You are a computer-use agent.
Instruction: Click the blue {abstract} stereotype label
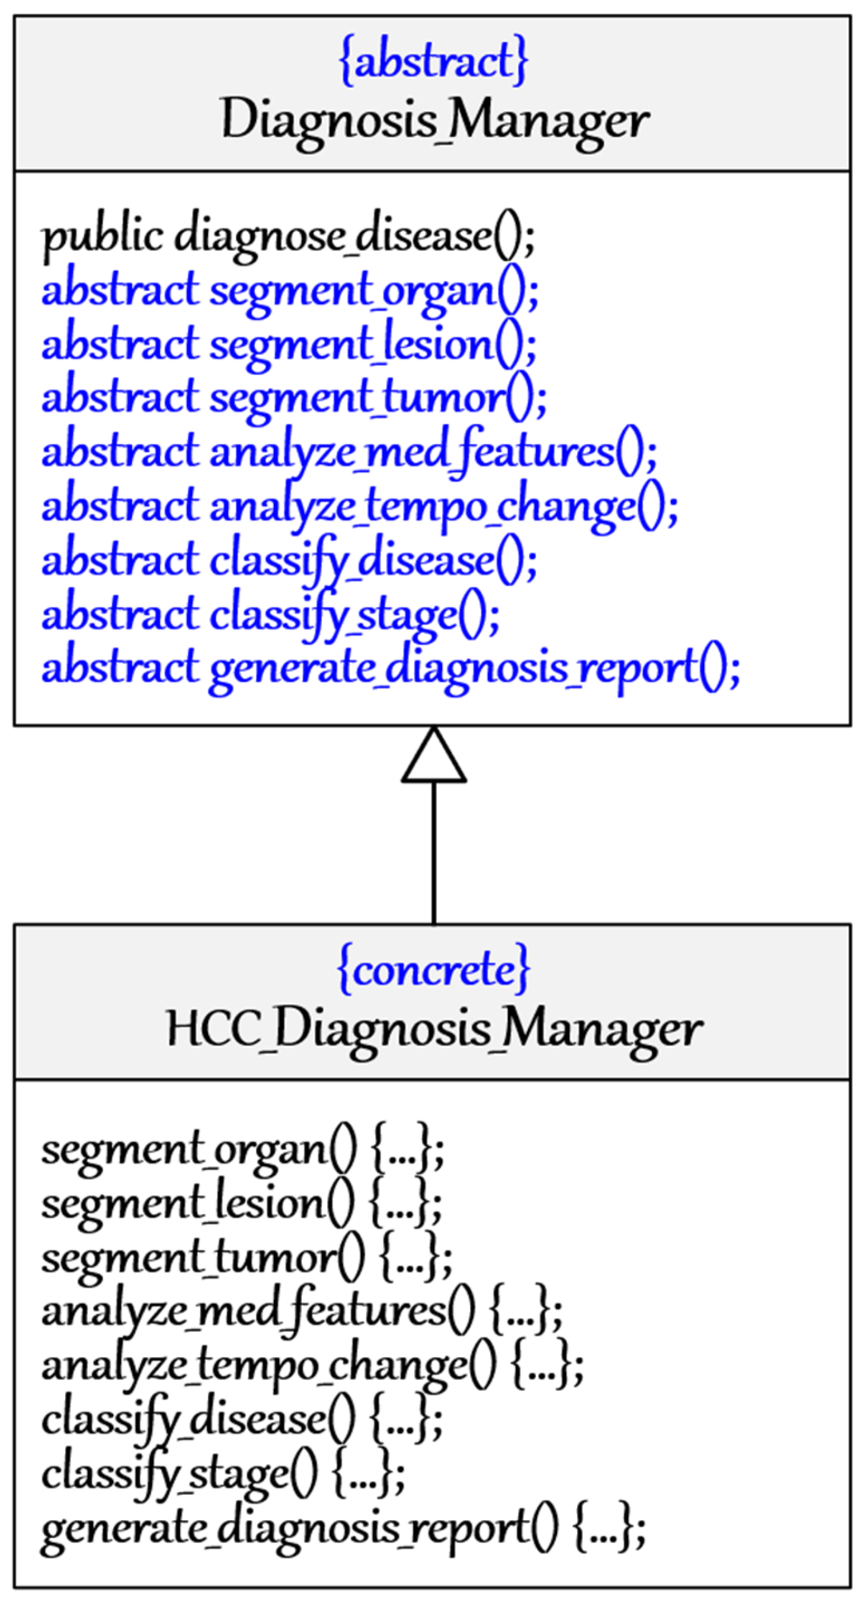[x=433, y=61]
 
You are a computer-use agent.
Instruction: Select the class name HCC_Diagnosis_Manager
[x=433, y=1029]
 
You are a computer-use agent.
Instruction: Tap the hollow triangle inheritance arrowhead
[x=433, y=758]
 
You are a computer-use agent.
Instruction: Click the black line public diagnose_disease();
[x=288, y=237]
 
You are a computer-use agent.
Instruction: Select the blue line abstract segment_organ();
[x=290, y=291]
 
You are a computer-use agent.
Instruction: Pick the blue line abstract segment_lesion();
[x=289, y=344]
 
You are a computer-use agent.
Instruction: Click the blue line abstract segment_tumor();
[x=293, y=398]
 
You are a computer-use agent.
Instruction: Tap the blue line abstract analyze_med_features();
[x=349, y=452]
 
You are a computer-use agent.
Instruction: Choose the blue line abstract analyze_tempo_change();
[x=359, y=506]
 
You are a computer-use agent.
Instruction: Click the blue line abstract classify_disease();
[x=289, y=560]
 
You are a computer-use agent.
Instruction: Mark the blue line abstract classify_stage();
[x=270, y=614]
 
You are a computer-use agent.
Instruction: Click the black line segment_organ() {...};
[x=242, y=1149]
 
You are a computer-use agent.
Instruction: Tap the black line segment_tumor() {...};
[x=246, y=1258]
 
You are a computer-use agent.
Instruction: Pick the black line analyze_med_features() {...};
[x=302, y=1311]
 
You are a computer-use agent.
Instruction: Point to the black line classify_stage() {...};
[x=223, y=1473]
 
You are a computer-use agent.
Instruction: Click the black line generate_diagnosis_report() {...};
[x=343, y=1527]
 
